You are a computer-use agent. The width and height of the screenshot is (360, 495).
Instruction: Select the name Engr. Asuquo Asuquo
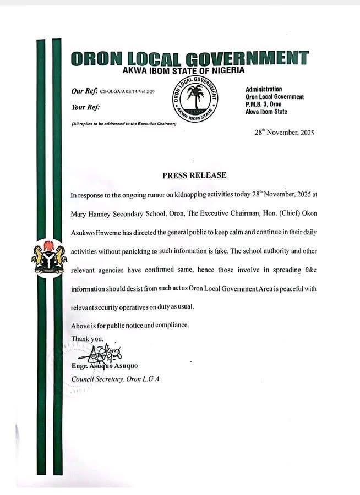(104, 366)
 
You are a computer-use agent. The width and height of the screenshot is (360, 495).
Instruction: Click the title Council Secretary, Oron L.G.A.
(116, 379)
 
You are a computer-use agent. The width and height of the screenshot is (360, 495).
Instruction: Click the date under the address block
(284, 133)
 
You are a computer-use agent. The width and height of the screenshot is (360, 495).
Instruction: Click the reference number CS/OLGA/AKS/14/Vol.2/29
(124, 91)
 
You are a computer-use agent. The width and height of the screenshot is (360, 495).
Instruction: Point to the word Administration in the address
(264, 89)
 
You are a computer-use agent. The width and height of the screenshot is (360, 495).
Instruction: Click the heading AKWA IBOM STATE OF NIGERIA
(183, 70)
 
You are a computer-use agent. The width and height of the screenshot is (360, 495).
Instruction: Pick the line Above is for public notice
(130, 325)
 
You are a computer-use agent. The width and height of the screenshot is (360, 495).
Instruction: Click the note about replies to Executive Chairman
(124, 124)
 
